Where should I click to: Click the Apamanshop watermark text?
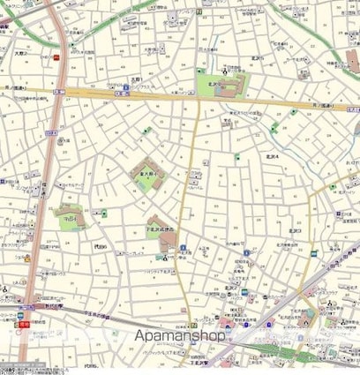pyautogui.click(x=180, y=336)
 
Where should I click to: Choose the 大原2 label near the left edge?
pyautogui.click(x=19, y=55)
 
